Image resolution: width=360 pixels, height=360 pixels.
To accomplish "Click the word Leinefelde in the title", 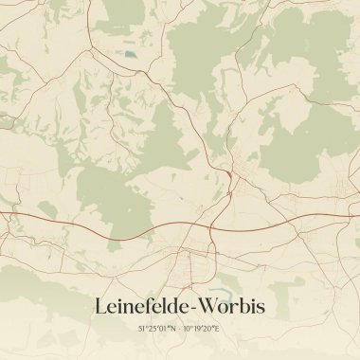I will tap(142, 307).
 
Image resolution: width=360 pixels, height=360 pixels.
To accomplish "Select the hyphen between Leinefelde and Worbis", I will tap(194, 309).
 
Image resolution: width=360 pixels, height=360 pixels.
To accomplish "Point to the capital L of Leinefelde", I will tap(100, 307).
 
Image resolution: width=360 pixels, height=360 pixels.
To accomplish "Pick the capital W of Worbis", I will tap(209, 307).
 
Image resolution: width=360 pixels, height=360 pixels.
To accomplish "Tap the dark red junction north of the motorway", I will tap(230, 174).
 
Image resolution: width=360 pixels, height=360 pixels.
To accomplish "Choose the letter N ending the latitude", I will tap(174, 330).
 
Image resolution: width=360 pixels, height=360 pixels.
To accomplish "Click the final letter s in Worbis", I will tap(261, 307).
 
